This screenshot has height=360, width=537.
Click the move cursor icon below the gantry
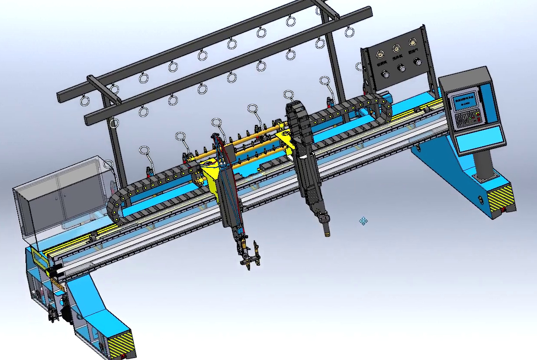coord(363,222)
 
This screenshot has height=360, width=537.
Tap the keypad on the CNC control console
coord(465,117)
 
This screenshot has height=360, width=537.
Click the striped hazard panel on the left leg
coord(121,344)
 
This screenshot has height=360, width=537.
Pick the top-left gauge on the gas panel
coord(380,55)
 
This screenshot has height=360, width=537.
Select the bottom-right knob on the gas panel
coord(417,62)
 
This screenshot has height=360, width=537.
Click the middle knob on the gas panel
coord(401,68)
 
